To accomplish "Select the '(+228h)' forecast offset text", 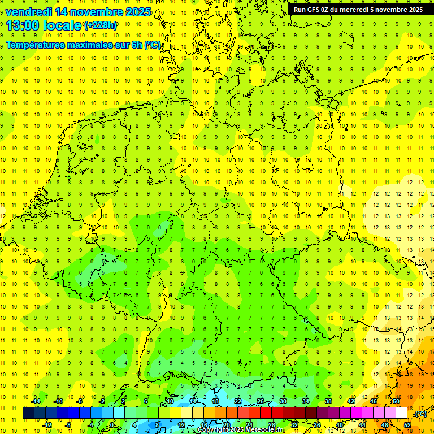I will pos(101,25).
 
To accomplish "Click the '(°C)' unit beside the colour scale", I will pos(420,414).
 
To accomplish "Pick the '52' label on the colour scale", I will pos(407,425).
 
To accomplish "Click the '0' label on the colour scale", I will pos(112,425).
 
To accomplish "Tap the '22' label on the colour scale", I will pos(238,401).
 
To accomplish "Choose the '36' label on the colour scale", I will pos(317,425).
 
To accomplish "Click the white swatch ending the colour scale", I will pos(402,413).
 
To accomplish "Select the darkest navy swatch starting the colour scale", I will pos(28,413).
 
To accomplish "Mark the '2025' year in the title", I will pos(138,12).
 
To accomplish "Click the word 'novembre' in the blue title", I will pos(96,12).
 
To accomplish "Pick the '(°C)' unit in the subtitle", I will pos(153,45).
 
